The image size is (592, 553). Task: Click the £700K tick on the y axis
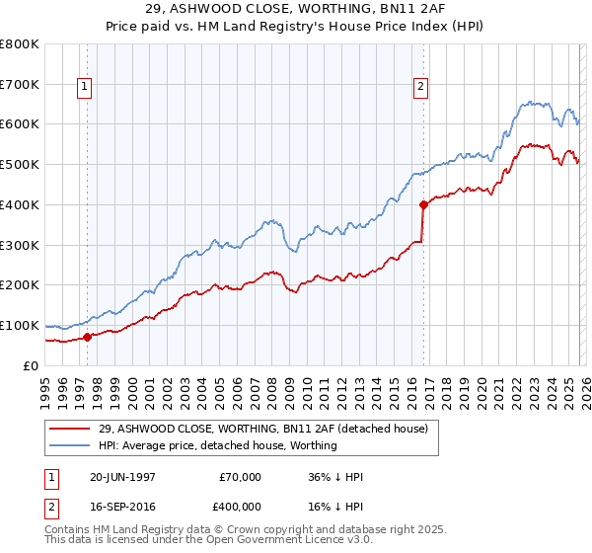click(x=20, y=84)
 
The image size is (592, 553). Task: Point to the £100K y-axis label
click(x=20, y=325)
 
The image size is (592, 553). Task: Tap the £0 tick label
click(x=31, y=365)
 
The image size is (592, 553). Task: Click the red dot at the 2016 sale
click(x=423, y=205)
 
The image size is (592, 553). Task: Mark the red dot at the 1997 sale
click(x=87, y=337)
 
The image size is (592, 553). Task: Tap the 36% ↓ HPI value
click(x=335, y=477)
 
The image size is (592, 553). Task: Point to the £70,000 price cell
click(x=239, y=477)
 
